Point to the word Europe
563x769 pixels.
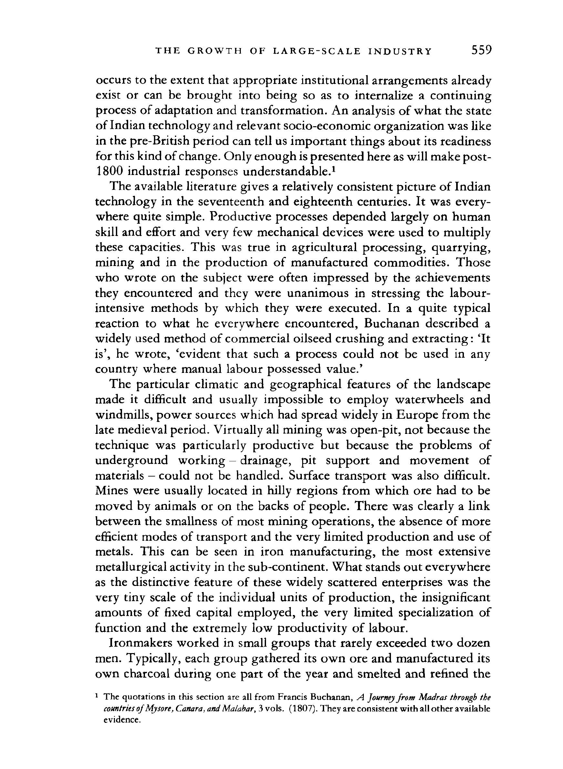pos(418,415)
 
